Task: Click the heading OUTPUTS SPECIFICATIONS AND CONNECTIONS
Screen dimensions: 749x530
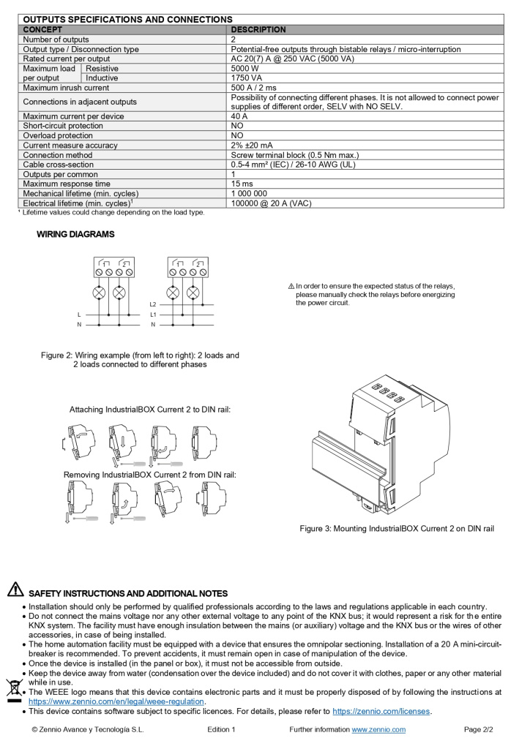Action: (128, 20)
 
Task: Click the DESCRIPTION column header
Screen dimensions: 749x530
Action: (258, 30)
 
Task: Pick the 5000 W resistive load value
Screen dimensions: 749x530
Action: (244, 68)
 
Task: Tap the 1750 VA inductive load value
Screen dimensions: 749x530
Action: (246, 78)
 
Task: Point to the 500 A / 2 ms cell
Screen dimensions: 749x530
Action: (253, 88)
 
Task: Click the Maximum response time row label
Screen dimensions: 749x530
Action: (67, 184)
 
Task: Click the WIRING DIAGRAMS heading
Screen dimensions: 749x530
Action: (75, 234)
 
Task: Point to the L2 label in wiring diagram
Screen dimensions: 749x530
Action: (152, 304)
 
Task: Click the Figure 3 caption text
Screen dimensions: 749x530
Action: (397, 528)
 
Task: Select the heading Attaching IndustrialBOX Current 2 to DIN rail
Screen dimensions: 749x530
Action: (150, 410)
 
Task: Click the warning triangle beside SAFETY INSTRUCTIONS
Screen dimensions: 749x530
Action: (15, 590)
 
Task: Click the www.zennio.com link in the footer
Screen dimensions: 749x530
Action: (378, 729)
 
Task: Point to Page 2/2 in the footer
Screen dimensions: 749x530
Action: (479, 729)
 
